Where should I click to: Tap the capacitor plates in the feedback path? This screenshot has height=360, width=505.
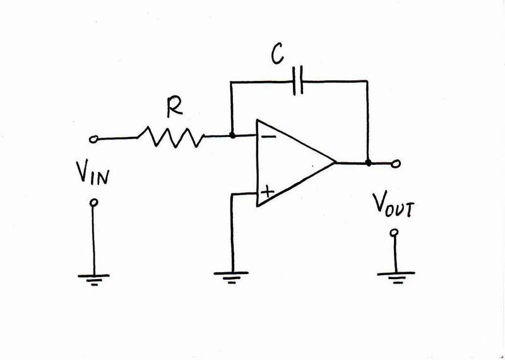[x=298, y=81]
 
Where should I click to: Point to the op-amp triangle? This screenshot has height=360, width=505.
[x=290, y=162]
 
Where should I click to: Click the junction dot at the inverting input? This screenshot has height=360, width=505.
[x=233, y=135]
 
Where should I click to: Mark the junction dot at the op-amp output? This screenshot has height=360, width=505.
[x=368, y=163]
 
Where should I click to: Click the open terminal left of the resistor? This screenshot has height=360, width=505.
[x=94, y=138]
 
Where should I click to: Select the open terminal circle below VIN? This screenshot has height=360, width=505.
[x=94, y=203]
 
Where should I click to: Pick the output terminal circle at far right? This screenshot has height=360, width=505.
[x=396, y=164]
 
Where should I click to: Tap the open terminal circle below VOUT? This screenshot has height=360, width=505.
[x=395, y=233]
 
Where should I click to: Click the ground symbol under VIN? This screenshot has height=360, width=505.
[x=94, y=278]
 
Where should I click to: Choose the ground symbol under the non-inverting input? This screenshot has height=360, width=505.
[x=232, y=277]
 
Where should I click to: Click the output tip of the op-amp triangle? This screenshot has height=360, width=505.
[x=335, y=163]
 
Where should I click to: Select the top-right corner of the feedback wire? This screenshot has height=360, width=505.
[x=368, y=81]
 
